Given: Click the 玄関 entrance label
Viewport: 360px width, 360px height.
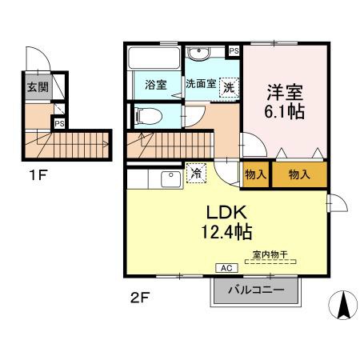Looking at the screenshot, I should point(37,87).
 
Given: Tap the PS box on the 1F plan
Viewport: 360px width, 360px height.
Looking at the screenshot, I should point(58,123).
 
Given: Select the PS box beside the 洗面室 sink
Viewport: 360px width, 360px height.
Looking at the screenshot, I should point(234,50).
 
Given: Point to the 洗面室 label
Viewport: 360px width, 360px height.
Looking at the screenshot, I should point(201,83).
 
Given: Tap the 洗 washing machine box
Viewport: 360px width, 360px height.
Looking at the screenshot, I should point(229,86).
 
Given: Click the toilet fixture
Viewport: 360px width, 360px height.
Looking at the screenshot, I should point(146,115).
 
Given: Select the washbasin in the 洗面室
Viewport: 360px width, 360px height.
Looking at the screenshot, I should point(199,54).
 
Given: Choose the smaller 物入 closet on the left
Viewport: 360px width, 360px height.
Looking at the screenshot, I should point(255,174).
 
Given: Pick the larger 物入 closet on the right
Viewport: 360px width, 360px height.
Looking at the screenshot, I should point(299,174).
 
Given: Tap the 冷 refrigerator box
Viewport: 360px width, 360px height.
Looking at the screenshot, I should point(195,171).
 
